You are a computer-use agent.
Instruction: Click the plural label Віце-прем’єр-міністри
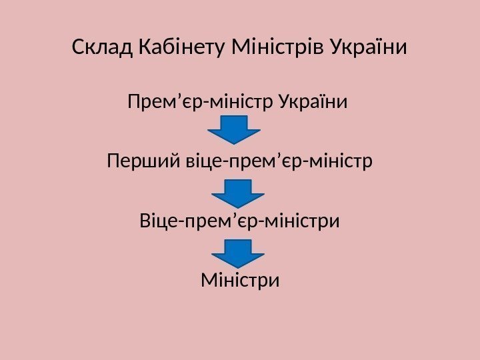(240, 220)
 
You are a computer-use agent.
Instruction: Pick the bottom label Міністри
(240, 279)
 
